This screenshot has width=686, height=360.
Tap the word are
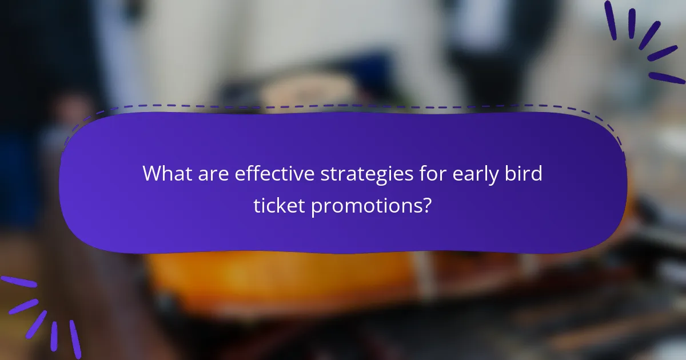click(214, 173)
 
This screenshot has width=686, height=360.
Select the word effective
click(274, 173)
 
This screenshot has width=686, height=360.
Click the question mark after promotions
click(426, 206)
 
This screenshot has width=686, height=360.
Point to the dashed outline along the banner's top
click(343, 106)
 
